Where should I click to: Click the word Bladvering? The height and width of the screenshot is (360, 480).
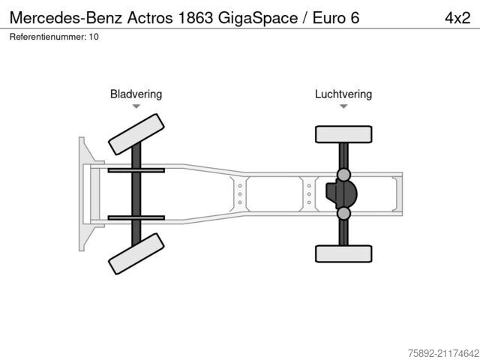[136, 94]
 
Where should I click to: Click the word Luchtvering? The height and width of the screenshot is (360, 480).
[343, 94]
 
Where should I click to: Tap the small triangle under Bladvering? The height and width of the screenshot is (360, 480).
[136, 106]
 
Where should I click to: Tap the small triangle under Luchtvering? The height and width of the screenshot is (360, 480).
[343, 106]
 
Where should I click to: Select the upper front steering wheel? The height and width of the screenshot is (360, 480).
[136, 134]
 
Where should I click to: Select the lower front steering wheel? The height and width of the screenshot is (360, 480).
[136, 253]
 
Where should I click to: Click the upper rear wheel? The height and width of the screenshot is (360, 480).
[343, 134]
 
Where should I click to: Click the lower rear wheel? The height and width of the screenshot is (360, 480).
[343, 253]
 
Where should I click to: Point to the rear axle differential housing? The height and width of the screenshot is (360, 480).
[341, 194]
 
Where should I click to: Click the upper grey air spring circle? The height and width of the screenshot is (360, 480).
[343, 175]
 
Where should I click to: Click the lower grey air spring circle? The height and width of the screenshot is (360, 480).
[343, 213]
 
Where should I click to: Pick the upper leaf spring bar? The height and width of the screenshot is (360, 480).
[136, 170]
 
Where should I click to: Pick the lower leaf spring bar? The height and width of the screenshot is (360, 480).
[136, 218]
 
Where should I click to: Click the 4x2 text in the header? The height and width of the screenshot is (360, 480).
[457, 18]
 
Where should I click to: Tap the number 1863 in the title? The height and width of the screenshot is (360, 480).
[195, 18]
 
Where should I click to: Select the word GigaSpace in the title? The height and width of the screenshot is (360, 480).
[258, 19]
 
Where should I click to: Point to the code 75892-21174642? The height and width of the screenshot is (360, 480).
[443, 353]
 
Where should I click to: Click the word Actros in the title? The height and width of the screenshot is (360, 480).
[150, 18]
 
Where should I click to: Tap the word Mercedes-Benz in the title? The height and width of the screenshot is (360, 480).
[66, 18]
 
